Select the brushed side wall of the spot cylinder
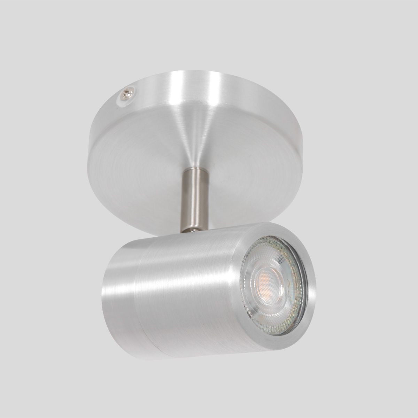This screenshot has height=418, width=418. (188, 313)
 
